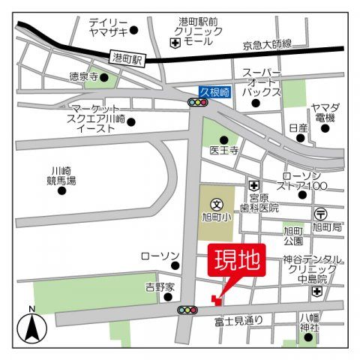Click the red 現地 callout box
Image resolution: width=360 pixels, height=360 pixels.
coord(237,261)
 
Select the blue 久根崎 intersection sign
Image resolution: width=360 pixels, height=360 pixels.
coord(214,91)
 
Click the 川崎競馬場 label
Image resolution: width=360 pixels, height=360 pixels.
coord(59,175)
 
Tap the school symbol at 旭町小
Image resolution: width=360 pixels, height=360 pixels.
coord(217,202)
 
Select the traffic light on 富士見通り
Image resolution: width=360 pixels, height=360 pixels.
coord(187,310)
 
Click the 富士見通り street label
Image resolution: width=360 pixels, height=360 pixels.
coord(238,321)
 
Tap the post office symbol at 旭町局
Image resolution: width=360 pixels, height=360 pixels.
coord(320,212)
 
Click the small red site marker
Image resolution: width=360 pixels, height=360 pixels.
coord(217,300)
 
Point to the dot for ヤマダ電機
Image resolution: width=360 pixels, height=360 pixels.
coord(325,128)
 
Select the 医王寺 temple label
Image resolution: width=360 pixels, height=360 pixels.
coord(223,150)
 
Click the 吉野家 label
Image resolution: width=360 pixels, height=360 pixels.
coord(160,286)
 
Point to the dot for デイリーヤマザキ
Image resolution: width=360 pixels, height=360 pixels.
coord(134,31)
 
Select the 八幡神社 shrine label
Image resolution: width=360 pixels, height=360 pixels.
coord(310,322)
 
